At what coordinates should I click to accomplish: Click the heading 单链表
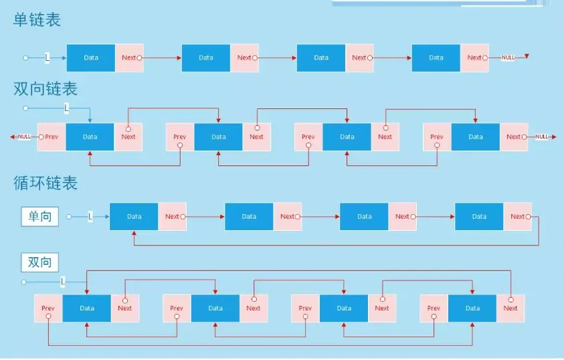click(37, 20)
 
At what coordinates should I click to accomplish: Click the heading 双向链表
click(45, 89)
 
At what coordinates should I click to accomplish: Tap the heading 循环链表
click(45, 183)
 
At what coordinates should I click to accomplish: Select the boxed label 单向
click(40, 216)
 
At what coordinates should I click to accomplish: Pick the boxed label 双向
click(40, 262)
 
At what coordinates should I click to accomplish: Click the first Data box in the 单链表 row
click(91, 58)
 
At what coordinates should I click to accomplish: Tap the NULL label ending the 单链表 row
click(508, 58)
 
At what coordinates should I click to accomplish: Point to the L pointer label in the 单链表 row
click(47, 58)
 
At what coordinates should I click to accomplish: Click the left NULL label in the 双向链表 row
click(25, 137)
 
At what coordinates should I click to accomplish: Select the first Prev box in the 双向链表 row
click(52, 137)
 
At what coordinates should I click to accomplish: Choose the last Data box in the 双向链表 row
click(476, 137)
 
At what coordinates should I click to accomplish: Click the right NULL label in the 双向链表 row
click(541, 137)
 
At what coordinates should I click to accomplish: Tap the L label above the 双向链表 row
click(66, 108)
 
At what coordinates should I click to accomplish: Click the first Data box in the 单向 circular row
click(134, 216)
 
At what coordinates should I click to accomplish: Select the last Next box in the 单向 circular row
click(517, 216)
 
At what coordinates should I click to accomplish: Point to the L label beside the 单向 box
click(90, 216)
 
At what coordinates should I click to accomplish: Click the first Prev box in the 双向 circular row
click(48, 308)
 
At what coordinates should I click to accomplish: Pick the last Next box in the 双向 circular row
click(510, 308)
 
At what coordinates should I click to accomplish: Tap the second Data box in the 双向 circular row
click(215, 308)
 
